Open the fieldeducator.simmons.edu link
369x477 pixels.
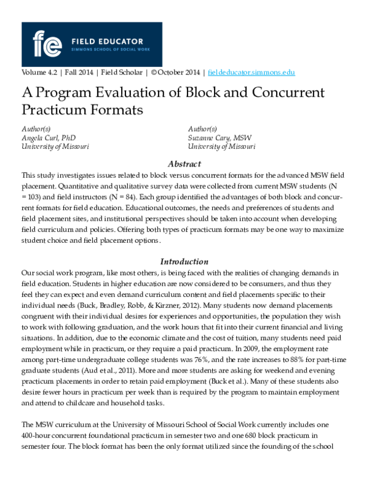point(252,72)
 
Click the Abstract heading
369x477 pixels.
point(184,164)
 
